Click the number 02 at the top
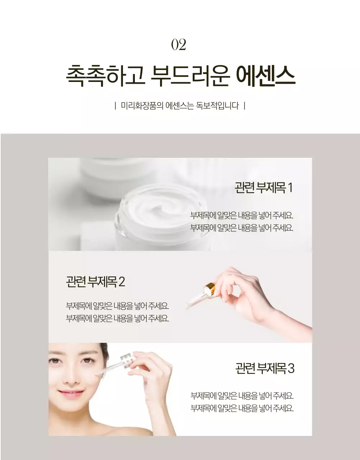coord(179,45)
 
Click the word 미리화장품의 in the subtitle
coord(142,106)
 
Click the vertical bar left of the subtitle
coord(115,106)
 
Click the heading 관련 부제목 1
coord(264,188)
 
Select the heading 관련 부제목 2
coord(95,282)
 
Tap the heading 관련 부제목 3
coord(265,368)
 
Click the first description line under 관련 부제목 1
coord(242,216)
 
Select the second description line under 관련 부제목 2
coord(117,318)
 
